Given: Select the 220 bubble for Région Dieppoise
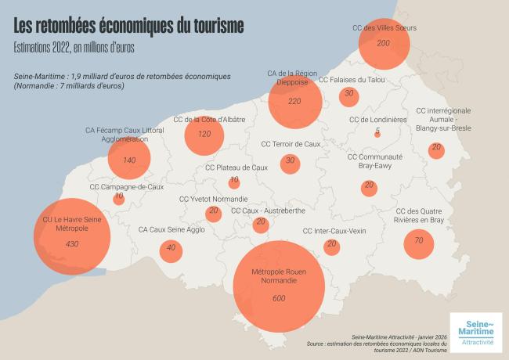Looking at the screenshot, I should (295, 101).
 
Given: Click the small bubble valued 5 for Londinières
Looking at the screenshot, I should (377, 134).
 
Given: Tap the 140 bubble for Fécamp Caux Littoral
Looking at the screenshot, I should (129, 160).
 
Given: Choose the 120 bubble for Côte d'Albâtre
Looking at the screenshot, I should (204, 135).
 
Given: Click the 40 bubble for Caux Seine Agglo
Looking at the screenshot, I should (171, 250).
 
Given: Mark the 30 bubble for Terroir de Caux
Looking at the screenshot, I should (291, 162).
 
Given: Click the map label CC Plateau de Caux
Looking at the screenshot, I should (236, 167).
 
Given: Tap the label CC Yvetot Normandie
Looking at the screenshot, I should (213, 200).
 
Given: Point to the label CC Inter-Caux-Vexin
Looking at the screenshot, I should (334, 231).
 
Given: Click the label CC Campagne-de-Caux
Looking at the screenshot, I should (127, 187).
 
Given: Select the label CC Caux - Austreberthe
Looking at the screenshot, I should (261, 211).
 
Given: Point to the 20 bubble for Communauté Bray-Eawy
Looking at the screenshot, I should (369, 188).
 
